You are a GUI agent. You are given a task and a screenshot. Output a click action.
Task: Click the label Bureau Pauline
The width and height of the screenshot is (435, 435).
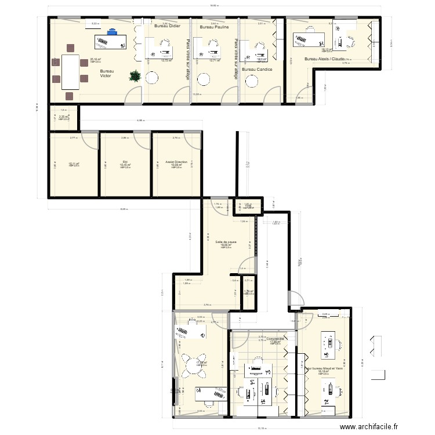(214, 27)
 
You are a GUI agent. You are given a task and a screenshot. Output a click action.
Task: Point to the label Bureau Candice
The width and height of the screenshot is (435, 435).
(257, 70)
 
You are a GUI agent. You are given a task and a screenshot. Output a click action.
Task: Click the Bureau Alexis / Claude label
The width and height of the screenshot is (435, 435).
(325, 59)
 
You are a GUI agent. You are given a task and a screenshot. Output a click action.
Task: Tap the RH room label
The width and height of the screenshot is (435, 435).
(125, 162)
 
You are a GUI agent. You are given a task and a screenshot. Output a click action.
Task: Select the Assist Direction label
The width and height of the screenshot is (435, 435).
(176, 162)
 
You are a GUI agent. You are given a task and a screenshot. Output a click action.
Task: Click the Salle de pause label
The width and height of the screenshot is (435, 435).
(226, 242)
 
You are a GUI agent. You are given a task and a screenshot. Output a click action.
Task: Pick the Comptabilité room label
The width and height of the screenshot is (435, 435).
(275, 339)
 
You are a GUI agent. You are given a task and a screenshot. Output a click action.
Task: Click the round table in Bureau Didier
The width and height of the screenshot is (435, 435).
(153, 78)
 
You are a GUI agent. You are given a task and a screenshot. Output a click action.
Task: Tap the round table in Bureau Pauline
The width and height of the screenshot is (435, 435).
(202, 78)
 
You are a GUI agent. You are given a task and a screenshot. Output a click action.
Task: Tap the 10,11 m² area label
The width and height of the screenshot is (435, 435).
(73, 164)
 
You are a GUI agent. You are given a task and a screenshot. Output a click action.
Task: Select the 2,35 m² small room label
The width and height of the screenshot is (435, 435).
(64, 117)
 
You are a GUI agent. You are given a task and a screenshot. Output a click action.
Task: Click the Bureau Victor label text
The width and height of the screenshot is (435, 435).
(107, 73)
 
